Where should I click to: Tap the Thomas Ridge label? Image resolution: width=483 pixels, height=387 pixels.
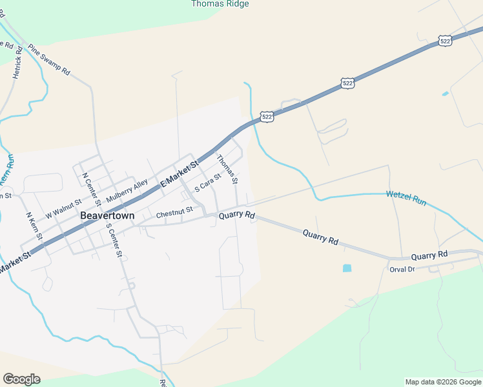point(220,4)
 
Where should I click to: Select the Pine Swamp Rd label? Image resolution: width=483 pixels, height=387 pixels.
point(48,61)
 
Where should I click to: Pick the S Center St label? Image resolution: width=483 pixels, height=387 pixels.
point(114,239)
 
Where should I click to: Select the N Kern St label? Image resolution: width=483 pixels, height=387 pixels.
point(34,226)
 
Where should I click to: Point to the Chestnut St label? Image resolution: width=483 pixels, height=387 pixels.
point(174,211)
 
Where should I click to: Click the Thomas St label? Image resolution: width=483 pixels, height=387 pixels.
point(227,168)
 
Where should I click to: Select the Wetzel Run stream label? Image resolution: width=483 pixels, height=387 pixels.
point(406,198)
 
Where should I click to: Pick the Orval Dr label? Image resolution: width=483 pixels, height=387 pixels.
point(401,269)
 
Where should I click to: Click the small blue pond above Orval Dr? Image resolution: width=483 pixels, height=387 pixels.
point(347,268)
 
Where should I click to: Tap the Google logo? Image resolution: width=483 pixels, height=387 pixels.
point(21,379)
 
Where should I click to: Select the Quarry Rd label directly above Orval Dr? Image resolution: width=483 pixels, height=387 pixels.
point(429,255)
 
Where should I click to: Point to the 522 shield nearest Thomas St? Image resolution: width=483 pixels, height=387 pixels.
point(267,117)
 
